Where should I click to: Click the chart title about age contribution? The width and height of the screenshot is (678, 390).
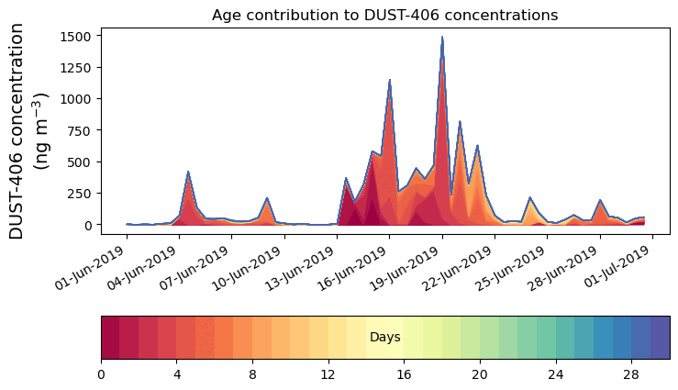pyautogui.click(x=384, y=16)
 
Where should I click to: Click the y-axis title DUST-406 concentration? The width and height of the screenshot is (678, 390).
pyautogui.click(x=32, y=131)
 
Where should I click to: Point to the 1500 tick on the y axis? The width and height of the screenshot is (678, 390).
pyautogui.click(x=74, y=36)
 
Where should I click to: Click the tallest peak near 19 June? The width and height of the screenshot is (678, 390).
pyautogui.click(x=442, y=39)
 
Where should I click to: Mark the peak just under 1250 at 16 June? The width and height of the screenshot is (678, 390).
pyautogui.click(x=390, y=81)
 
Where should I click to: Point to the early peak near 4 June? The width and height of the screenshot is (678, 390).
pyautogui.click(x=188, y=173)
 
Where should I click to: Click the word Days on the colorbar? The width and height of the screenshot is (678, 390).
pyautogui.click(x=384, y=338)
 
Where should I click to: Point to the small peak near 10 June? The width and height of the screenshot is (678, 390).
pyautogui.click(x=267, y=199)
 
